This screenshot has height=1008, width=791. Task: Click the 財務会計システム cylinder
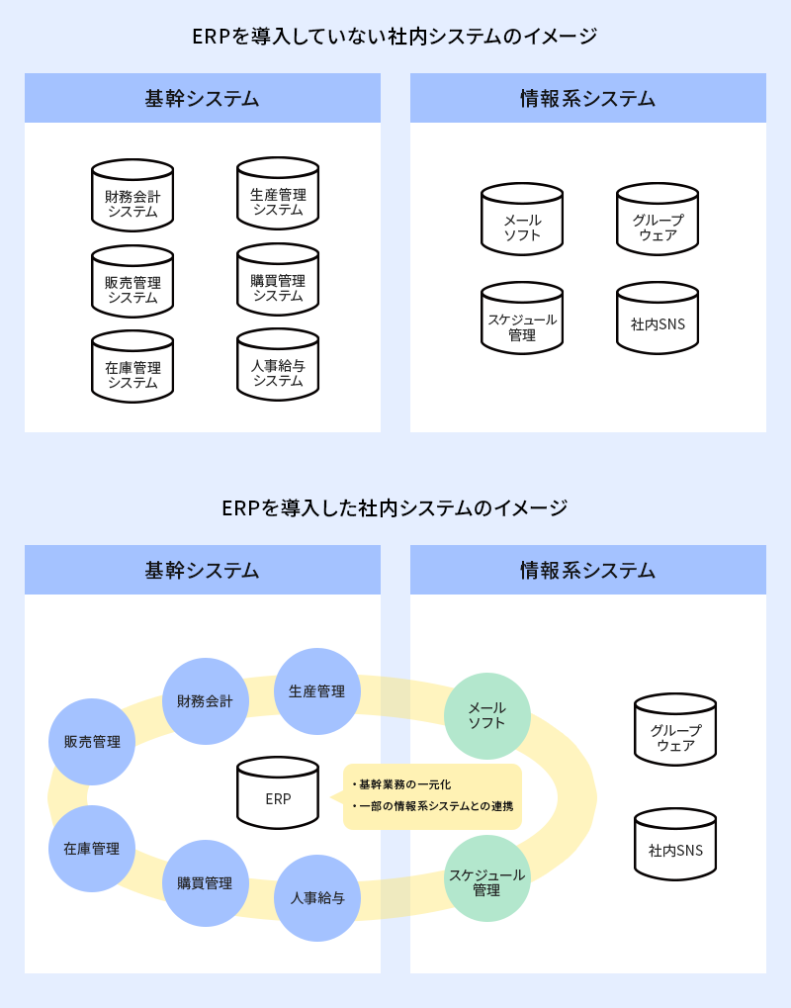pos(132,197)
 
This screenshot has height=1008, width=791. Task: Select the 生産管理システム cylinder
pos(278,195)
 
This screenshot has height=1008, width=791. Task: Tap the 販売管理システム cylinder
pos(132,283)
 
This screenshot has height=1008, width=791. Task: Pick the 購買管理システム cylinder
pos(278,281)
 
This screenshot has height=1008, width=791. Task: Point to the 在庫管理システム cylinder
pos(132,368)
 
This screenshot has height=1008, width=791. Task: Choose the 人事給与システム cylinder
pos(278,366)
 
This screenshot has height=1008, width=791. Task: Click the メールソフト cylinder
pos(522,221)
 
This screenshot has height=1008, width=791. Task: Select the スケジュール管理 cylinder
pos(522,321)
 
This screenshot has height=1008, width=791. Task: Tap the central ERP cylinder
pos(278,794)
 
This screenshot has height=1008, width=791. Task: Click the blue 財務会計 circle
pos(205,702)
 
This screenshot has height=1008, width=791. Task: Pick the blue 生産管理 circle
pos(316,691)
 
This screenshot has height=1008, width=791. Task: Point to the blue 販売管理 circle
pos(92,742)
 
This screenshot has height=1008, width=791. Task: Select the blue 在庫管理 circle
pos(92,849)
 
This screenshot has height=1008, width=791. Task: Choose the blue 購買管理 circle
pos(205,883)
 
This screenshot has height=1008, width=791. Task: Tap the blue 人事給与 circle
pos(317,898)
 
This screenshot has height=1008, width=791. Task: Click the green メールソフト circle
pos(486,716)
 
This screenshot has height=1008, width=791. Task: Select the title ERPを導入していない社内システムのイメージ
pos(395,38)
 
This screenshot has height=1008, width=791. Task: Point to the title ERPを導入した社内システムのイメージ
pos(395,508)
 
